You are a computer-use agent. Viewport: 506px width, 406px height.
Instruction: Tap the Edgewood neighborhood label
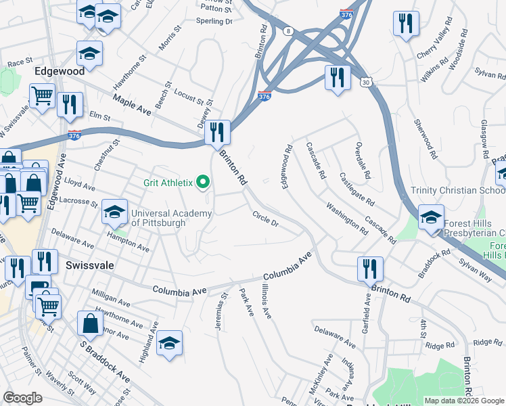tap(60, 70)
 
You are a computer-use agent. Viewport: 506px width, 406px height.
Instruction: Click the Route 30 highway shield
tap(365, 82)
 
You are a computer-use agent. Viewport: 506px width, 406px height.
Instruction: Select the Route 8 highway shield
tap(288, 31)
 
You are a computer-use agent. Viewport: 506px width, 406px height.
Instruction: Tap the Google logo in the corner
tap(23, 398)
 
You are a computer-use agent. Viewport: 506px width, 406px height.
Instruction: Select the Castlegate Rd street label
tap(356, 189)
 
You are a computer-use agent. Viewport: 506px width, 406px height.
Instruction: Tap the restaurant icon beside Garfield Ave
tap(370, 269)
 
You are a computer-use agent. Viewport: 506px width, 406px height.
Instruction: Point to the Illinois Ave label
tap(266, 302)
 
